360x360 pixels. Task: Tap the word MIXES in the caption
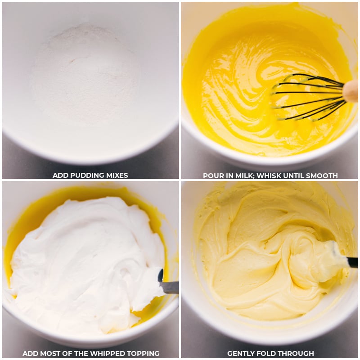tap(116, 175)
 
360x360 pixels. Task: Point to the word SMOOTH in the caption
tap(321, 175)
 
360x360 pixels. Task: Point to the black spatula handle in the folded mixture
tap(352, 262)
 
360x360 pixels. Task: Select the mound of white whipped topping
tap(85, 256)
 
